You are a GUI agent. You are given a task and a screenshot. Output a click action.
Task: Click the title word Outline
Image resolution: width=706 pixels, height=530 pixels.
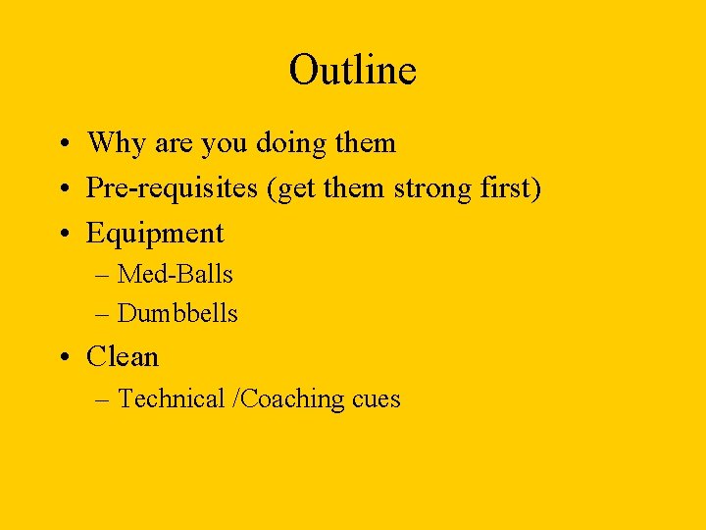click(352, 71)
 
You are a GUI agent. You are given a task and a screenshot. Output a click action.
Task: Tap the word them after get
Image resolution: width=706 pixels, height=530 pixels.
click(356, 188)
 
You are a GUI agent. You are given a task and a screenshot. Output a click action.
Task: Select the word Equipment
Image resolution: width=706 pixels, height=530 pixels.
click(155, 234)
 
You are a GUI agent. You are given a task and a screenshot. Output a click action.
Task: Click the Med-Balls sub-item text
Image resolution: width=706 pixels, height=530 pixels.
click(176, 274)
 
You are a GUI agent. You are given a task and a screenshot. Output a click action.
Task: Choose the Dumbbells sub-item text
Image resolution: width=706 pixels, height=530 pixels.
click(177, 313)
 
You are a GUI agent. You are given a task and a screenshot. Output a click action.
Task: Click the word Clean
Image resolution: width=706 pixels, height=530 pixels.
click(123, 356)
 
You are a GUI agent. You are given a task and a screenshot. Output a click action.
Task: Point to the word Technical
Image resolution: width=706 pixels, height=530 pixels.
click(172, 398)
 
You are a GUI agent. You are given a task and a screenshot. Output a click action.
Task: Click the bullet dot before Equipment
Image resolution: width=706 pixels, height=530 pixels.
click(61, 235)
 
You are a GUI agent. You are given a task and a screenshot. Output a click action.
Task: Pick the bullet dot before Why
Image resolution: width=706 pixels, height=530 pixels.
click(61, 144)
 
